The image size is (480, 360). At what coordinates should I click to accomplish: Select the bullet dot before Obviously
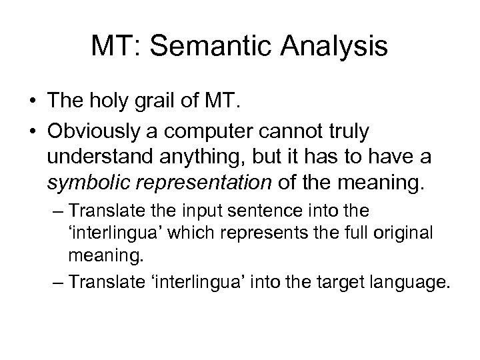click(x=33, y=131)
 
